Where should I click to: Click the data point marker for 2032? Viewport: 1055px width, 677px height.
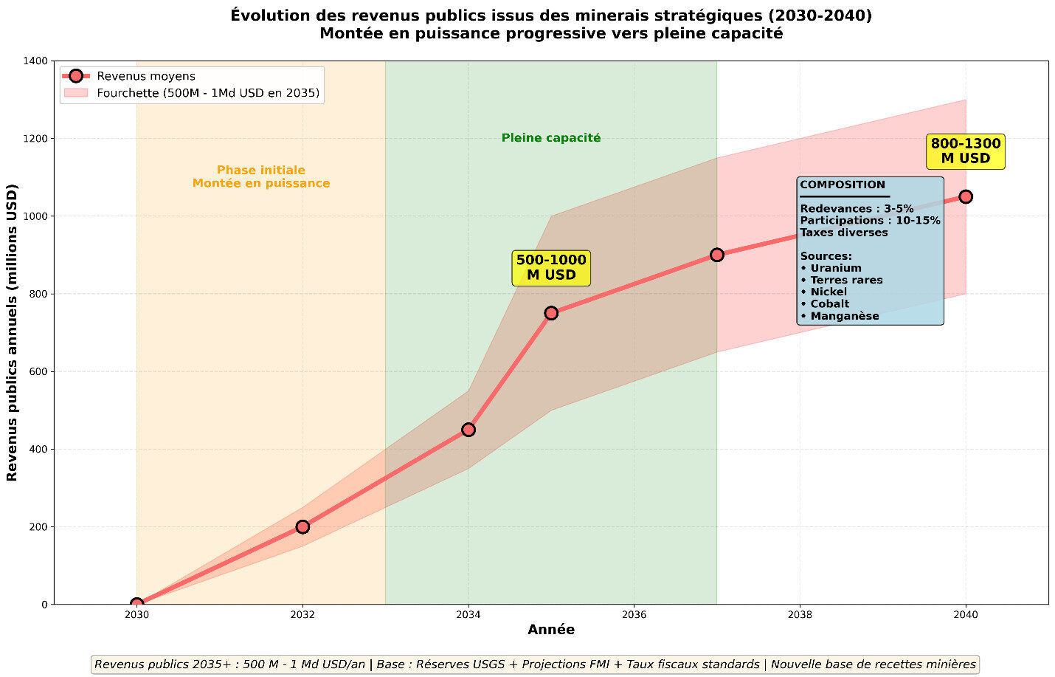tap(302, 526)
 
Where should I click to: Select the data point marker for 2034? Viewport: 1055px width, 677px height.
tap(468, 430)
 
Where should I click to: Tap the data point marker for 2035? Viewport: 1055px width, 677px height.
tap(551, 313)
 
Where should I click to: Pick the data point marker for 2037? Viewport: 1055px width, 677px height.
tap(717, 255)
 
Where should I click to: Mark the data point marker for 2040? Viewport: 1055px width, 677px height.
tap(966, 196)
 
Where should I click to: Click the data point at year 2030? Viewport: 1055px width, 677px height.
tap(136, 604)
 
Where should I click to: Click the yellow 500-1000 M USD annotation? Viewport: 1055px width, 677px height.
tap(551, 267)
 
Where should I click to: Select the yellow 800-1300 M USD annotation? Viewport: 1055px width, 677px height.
tap(966, 151)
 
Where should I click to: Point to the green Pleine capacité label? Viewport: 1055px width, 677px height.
tap(551, 138)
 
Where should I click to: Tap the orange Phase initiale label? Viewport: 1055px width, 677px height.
tap(261, 176)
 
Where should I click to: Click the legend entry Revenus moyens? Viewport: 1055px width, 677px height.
tap(146, 76)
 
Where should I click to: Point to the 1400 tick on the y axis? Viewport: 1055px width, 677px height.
tap(37, 61)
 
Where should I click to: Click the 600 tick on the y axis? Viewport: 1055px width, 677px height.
tap(39, 372)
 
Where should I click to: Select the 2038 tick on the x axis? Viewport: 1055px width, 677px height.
tap(800, 614)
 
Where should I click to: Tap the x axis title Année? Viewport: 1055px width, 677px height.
tap(551, 630)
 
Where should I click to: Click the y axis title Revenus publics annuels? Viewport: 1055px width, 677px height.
tap(12, 332)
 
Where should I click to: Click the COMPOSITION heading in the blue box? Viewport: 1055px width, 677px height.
tap(843, 185)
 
